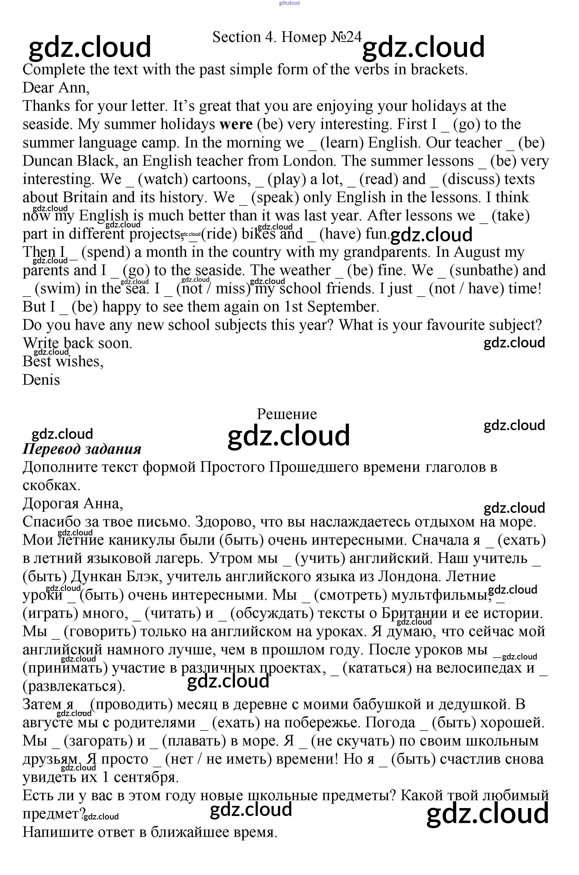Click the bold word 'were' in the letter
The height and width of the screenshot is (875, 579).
[x=236, y=124]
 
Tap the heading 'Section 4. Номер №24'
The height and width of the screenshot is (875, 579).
[x=287, y=37]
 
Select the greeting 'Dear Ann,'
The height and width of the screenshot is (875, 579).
[x=56, y=88]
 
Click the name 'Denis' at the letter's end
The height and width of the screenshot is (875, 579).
[x=41, y=380]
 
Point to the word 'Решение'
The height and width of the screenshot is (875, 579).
[x=287, y=414]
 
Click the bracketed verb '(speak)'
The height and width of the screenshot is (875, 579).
[x=275, y=198]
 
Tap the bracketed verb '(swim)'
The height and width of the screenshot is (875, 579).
[x=57, y=289]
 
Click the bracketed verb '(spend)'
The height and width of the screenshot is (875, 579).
[x=106, y=252]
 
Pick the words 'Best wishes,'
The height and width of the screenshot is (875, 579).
[x=63, y=361]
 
